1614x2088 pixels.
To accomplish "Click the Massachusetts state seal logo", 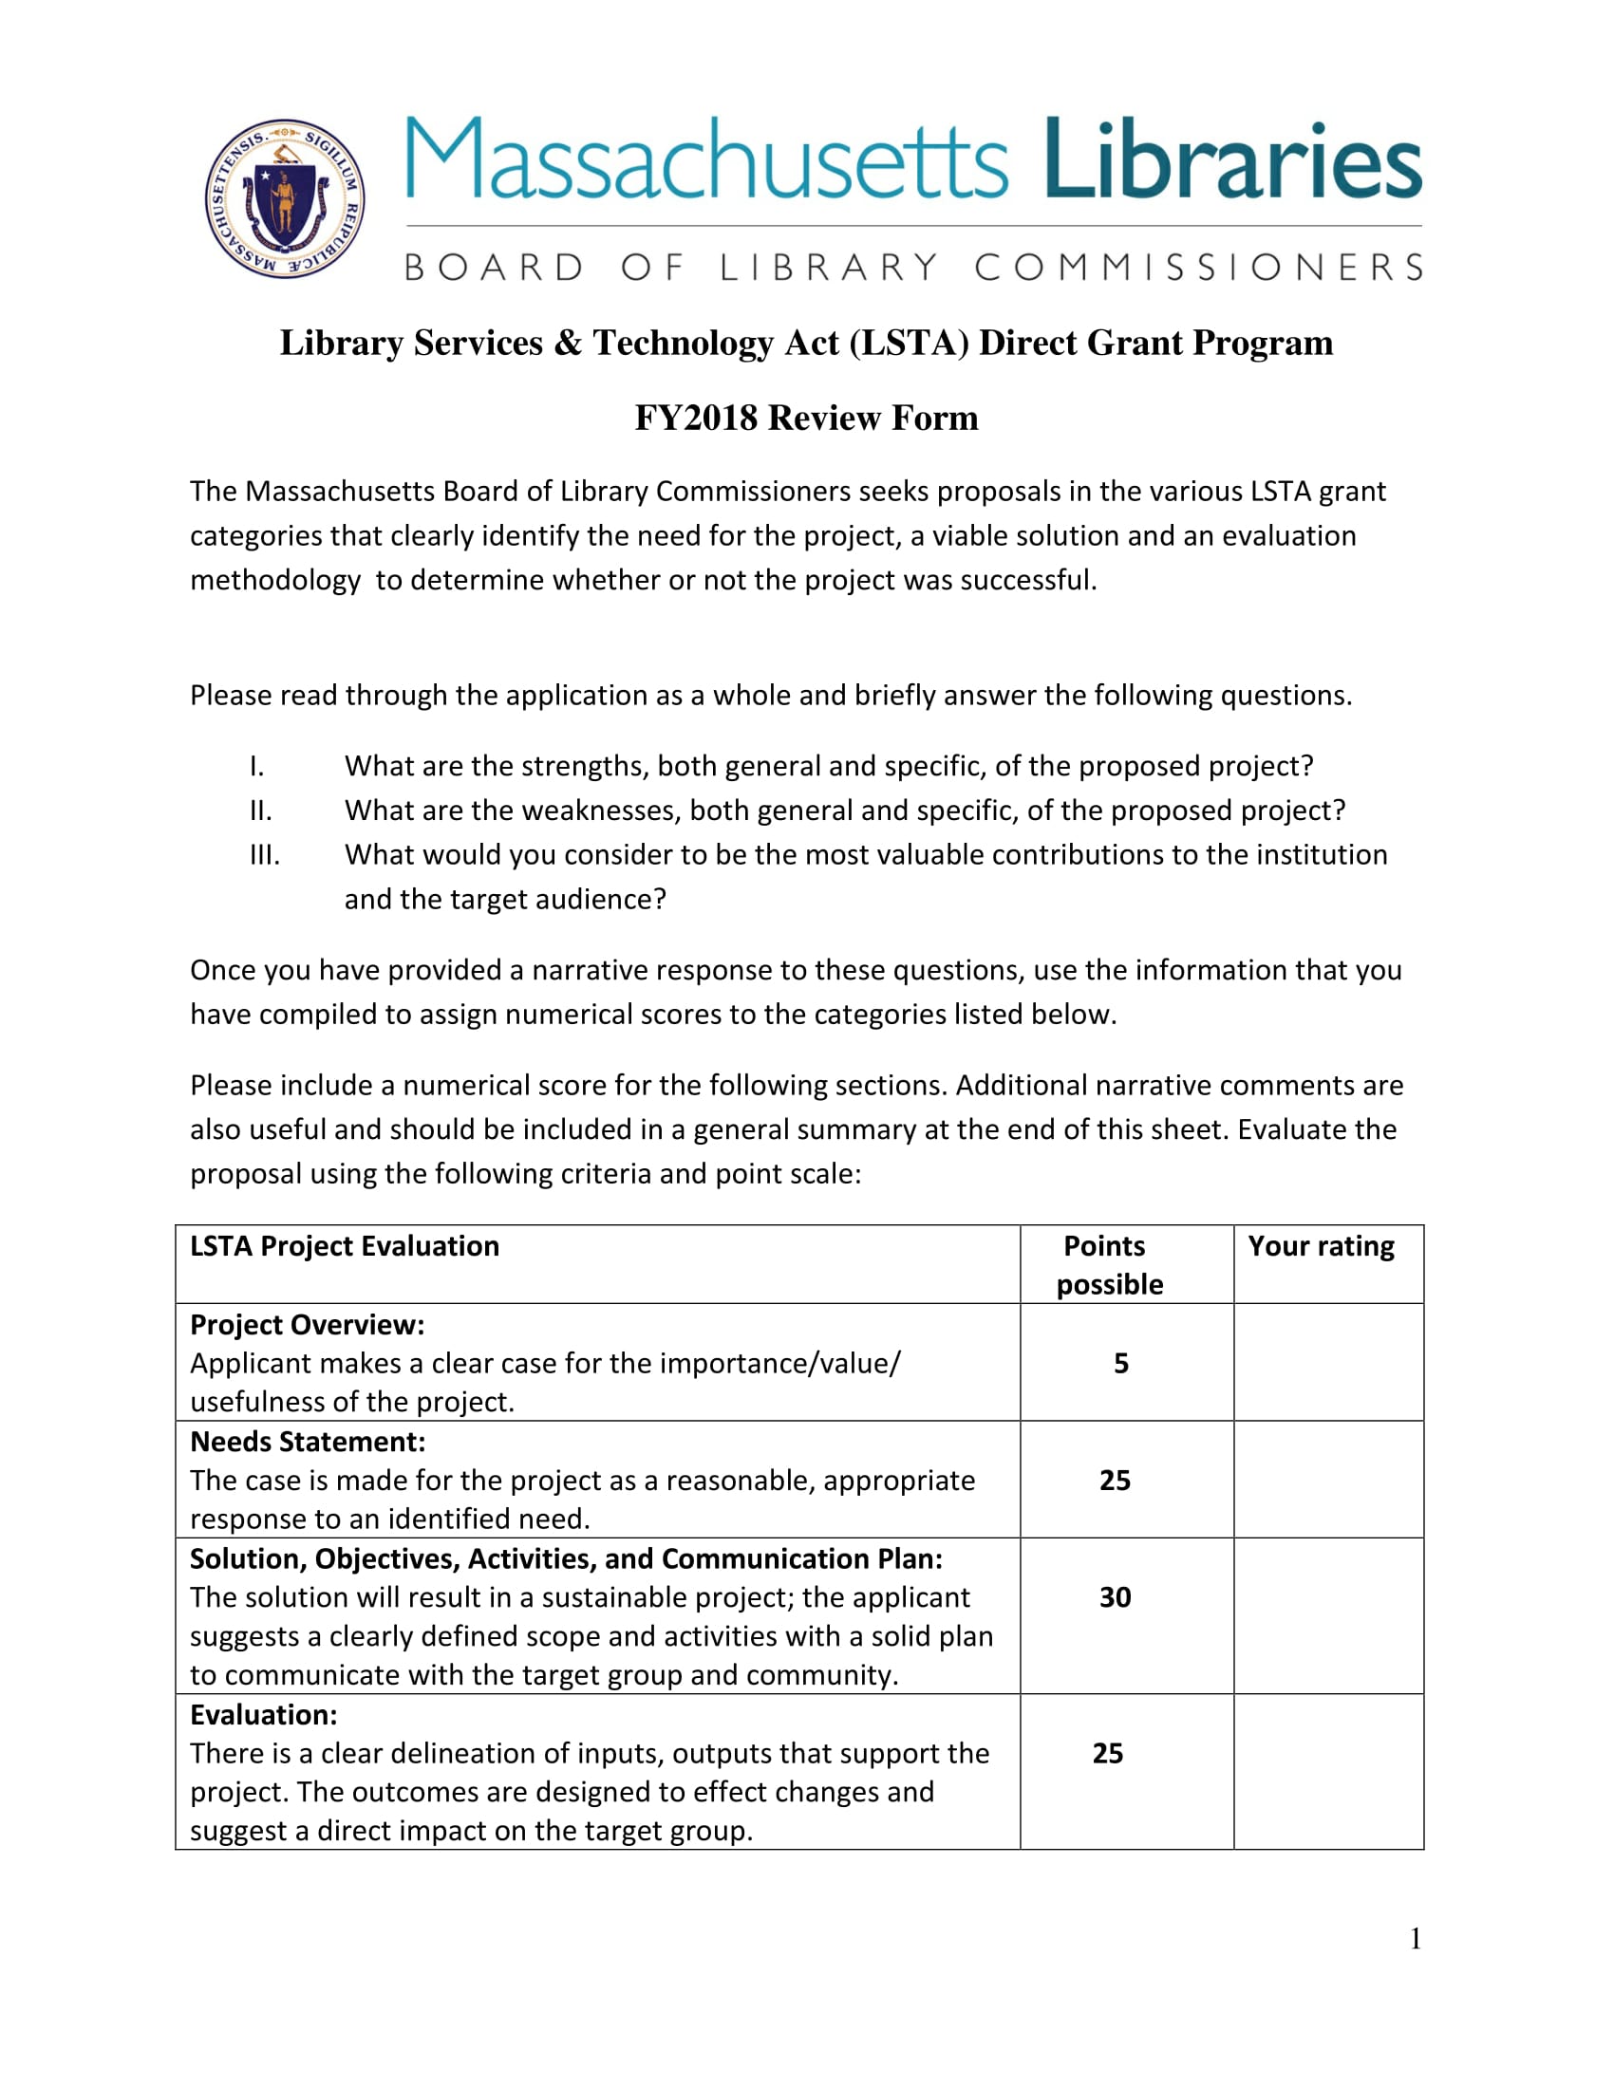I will [285, 199].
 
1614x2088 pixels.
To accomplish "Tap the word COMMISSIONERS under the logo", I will [1198, 267].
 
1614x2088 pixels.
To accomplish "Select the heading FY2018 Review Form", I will [806, 418].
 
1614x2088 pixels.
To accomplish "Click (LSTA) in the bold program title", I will [910, 343].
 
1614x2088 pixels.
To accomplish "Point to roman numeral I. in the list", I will [256, 766].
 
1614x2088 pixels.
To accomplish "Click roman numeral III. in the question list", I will [265, 854].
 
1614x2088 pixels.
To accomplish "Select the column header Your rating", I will [1321, 1246].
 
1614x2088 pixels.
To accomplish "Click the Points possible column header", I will [1109, 1264].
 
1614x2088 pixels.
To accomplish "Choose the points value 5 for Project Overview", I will [1120, 1363].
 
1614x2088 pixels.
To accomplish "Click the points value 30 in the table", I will [1115, 1596].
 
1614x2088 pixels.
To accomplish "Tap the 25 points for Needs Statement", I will [1115, 1480].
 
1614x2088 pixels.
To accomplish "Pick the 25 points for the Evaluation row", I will [1107, 1752].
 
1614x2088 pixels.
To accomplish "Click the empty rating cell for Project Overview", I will [1328, 1362].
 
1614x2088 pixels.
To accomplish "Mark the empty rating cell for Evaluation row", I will [1328, 1771].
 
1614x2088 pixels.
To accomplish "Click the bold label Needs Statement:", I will [308, 1442].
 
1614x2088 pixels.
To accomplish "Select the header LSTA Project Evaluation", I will [345, 1246].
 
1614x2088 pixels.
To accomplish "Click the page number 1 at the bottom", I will [1416, 1939].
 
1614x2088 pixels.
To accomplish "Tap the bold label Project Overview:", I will [307, 1324].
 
